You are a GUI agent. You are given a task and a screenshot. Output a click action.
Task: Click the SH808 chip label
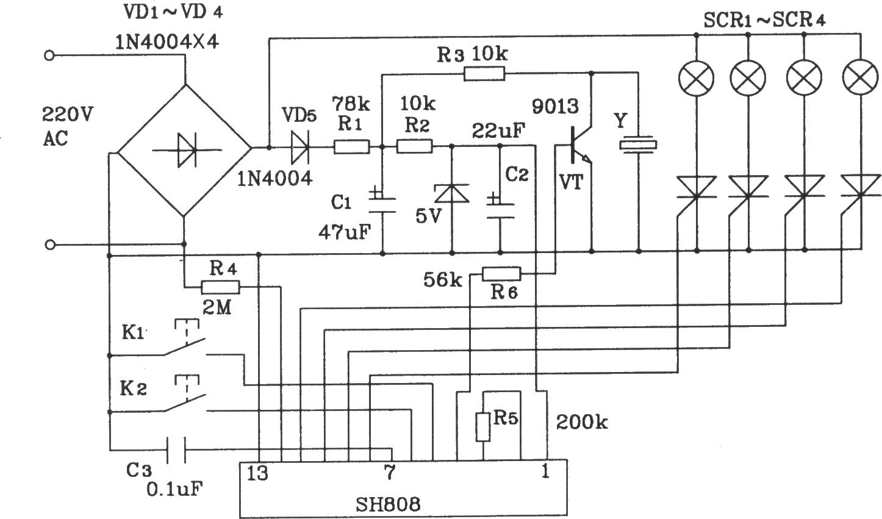[x=388, y=504]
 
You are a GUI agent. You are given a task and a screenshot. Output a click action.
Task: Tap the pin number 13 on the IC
[x=257, y=473]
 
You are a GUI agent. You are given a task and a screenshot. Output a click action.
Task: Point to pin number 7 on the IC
[x=389, y=472]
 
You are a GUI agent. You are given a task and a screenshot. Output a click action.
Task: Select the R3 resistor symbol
[x=484, y=74]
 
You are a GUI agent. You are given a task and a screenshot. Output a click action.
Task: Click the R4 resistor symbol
[x=220, y=287]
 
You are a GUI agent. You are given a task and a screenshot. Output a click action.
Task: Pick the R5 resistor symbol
[x=483, y=427]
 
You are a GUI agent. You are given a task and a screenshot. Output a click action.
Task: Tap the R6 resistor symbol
[x=501, y=274]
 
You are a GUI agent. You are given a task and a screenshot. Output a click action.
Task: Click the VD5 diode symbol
[x=300, y=147]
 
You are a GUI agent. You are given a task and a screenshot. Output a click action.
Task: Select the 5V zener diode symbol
[x=451, y=193]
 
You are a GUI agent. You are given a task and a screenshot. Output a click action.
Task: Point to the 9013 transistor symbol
[x=578, y=145]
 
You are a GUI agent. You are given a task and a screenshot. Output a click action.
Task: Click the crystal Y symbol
[x=638, y=145]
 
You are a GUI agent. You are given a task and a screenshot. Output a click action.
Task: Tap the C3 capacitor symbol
[x=176, y=449]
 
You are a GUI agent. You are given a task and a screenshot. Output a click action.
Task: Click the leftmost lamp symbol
[x=697, y=77]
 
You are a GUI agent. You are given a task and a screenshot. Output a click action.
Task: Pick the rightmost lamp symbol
[x=860, y=77]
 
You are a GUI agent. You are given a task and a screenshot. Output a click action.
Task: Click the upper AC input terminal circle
[x=49, y=56]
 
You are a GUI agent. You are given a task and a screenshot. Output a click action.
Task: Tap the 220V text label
[x=67, y=115]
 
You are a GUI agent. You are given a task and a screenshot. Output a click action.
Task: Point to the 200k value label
[x=582, y=422]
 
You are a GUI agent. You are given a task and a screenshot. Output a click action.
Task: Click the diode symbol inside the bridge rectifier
[x=187, y=150]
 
